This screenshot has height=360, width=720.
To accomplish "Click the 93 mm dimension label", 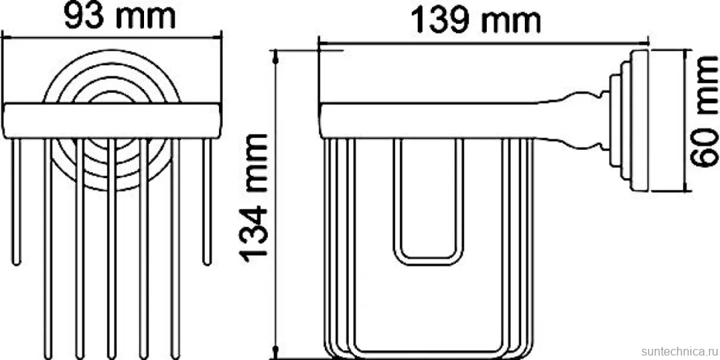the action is point(120,16).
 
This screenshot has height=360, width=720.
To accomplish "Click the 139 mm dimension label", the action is point(475,21).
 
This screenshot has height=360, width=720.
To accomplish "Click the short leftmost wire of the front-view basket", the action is point(16,202).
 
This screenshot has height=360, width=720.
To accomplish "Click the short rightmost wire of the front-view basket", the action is point(207,202).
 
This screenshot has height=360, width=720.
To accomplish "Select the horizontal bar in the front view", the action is point(111,121).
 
